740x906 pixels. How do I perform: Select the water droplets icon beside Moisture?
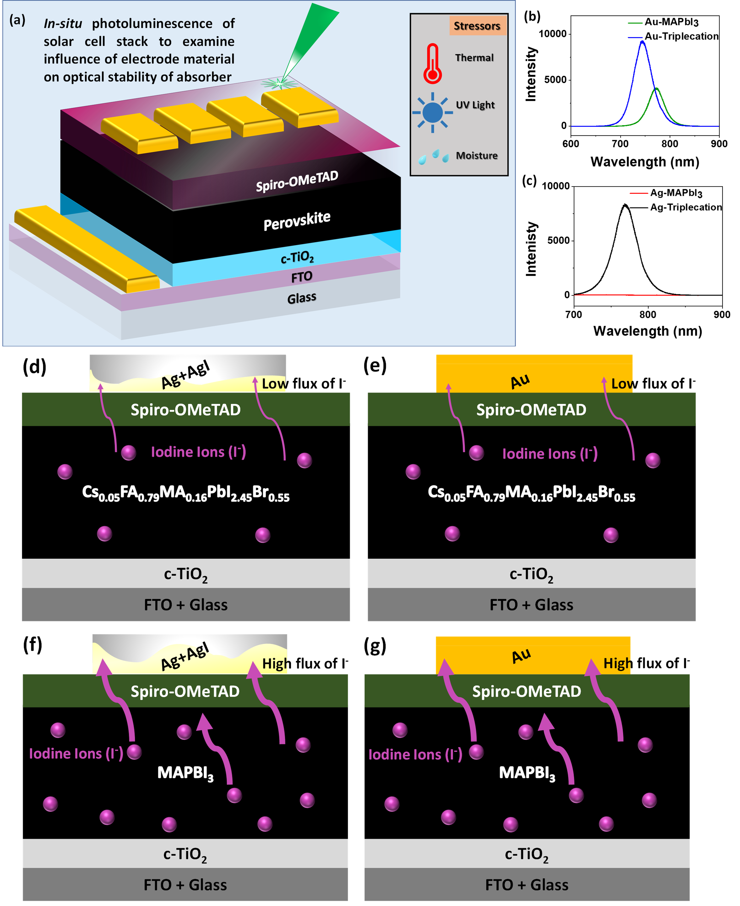tap(434, 157)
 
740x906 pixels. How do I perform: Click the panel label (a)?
tap(17, 20)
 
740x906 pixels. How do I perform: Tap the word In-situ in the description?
tap(63, 23)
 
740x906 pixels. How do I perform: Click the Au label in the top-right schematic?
tap(520, 381)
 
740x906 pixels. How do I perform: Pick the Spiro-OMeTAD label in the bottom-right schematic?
tap(527, 691)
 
